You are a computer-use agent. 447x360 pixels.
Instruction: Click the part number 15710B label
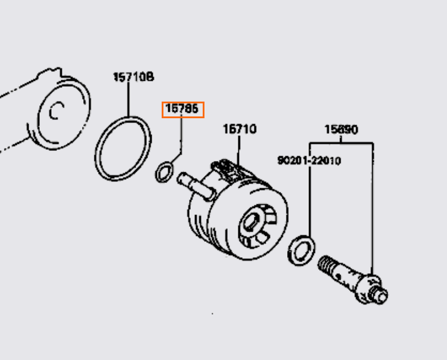[134, 77]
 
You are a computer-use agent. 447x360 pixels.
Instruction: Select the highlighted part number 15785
[182, 109]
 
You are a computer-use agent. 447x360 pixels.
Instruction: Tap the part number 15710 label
[240, 128]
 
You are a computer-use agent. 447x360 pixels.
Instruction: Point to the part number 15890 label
[341, 129]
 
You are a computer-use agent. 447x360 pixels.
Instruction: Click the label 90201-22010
[309, 160]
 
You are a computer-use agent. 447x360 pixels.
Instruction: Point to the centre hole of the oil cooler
[251, 225]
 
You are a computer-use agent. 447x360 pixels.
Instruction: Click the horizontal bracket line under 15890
[341, 143]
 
